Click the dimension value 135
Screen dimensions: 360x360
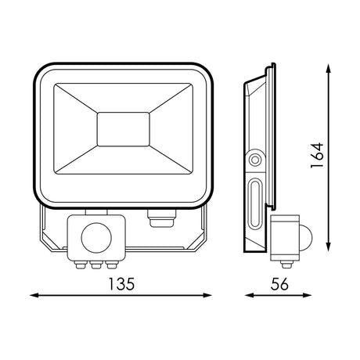pyautogui.click(x=121, y=284)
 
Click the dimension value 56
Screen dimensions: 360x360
pyautogui.click(x=279, y=284)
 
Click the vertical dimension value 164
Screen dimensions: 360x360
pyautogui.click(x=317, y=156)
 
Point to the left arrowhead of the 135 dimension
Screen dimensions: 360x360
pyautogui.click(x=34, y=295)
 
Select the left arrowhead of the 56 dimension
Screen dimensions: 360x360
pyautogui.click(x=250, y=295)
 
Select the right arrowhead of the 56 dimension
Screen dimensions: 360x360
pyautogui.click(x=307, y=295)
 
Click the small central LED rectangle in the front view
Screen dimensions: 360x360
pyautogui.click(x=124, y=129)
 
